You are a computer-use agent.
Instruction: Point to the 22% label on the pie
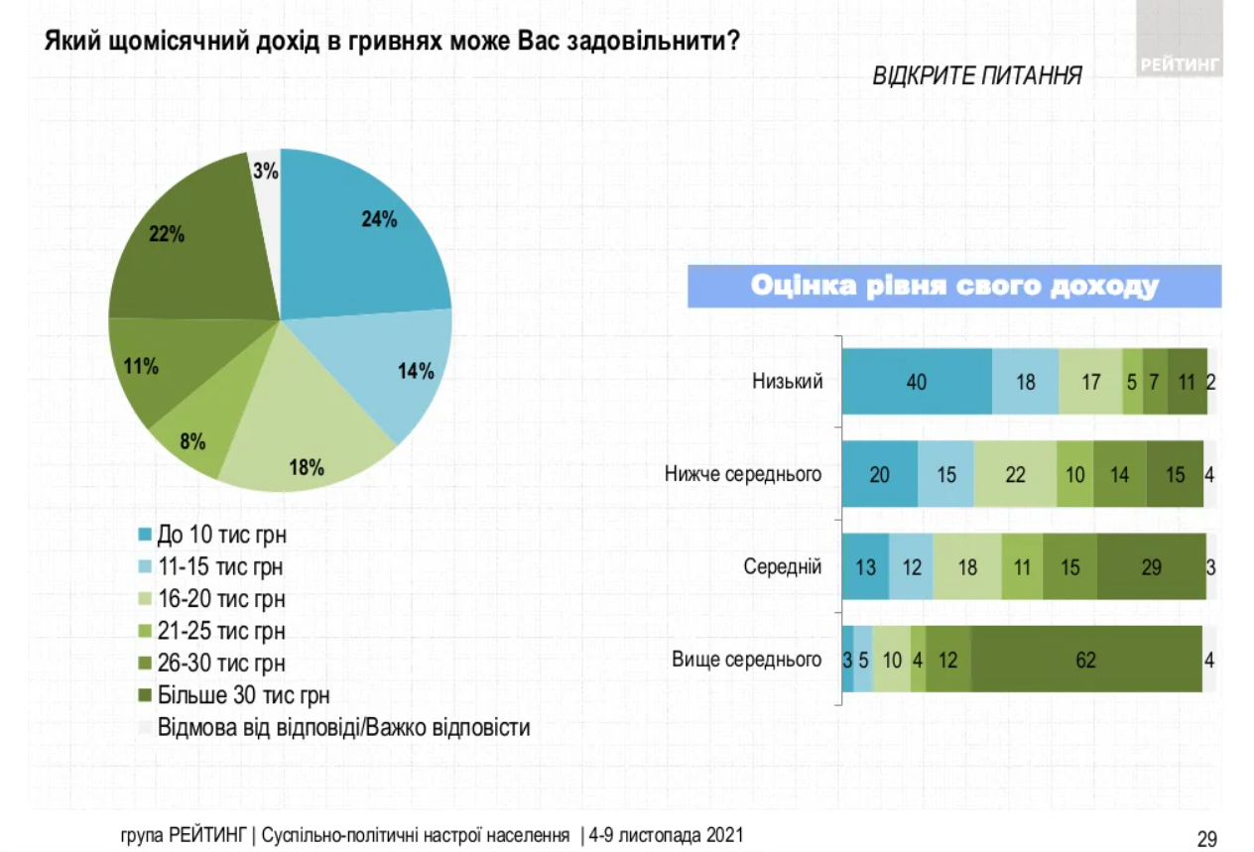pyautogui.click(x=166, y=234)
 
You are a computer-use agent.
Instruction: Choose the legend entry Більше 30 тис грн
pyautogui.click(x=243, y=694)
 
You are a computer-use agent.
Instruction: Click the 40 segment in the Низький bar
pyautogui.click(x=916, y=382)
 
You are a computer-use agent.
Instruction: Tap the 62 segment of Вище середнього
pyautogui.click(x=1085, y=659)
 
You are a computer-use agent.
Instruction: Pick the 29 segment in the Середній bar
pyautogui.click(x=1151, y=567)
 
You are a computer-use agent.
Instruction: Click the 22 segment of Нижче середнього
pyautogui.click(x=1014, y=475)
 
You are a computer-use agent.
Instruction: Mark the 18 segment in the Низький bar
pyautogui.click(x=1025, y=382)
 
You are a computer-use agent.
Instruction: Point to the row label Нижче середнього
pyautogui.click(x=743, y=474)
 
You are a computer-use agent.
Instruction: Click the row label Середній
pyautogui.click(x=783, y=567)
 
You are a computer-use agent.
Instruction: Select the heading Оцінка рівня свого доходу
pyautogui.click(x=953, y=287)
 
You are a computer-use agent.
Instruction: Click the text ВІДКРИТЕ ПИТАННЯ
pyautogui.click(x=976, y=76)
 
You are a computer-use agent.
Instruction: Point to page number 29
pyautogui.click(x=1206, y=839)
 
